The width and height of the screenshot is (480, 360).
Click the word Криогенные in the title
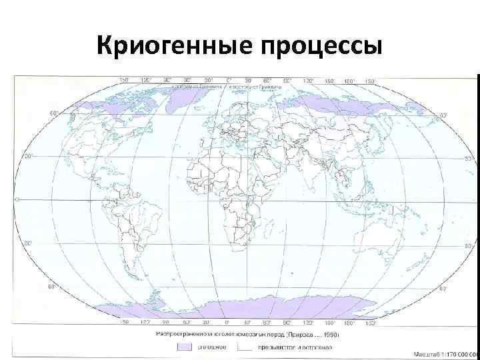click(171, 47)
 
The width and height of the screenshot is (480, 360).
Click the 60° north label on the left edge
click(54, 113)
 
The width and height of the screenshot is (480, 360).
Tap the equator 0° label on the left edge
click(17, 199)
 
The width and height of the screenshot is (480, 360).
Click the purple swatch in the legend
click(183, 347)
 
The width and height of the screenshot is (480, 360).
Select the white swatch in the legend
click(246, 347)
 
